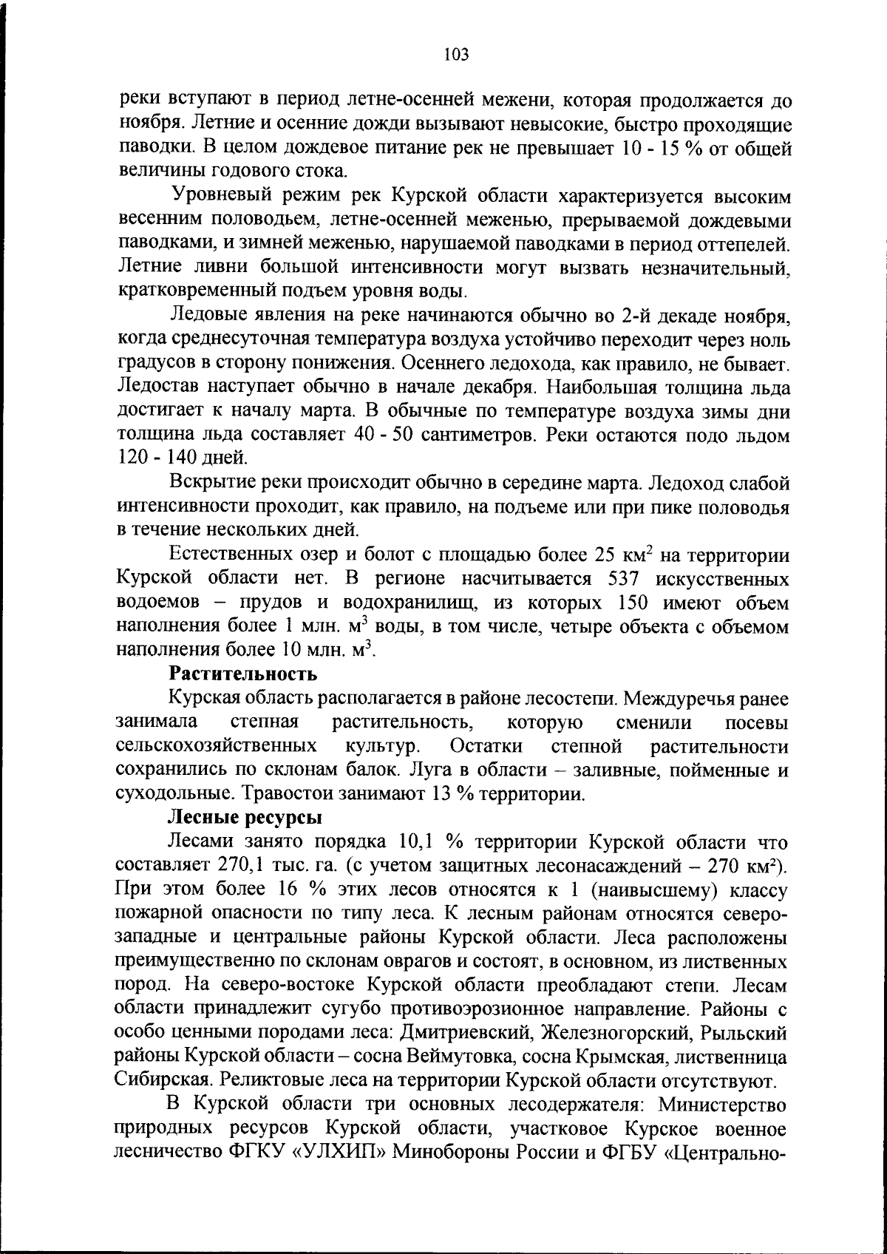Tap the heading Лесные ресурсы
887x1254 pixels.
click(245, 817)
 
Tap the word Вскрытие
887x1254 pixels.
click(214, 482)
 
